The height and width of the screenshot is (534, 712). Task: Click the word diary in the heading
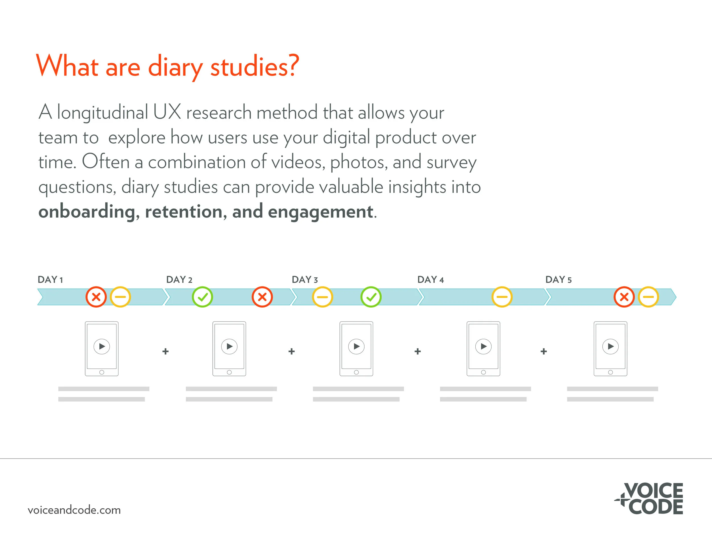point(175,67)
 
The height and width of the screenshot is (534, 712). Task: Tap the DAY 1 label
point(50,279)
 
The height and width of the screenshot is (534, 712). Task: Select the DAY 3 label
point(304,279)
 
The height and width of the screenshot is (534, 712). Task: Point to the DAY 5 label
point(558,279)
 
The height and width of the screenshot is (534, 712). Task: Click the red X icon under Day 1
point(96,297)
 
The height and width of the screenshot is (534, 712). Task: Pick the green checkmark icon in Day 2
point(202,297)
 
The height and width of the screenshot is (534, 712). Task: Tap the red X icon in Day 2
point(262,297)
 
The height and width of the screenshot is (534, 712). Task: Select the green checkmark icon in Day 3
point(371,297)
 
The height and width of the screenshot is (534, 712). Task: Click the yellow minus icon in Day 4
point(502,297)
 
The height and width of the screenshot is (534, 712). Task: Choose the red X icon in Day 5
point(624,297)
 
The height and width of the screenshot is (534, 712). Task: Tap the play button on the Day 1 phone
point(102,347)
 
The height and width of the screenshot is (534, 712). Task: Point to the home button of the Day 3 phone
point(356,373)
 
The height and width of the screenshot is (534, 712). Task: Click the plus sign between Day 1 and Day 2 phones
point(165,351)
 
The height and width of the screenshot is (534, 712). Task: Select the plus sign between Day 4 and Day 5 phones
point(544,351)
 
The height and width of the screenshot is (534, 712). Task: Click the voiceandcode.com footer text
point(74,510)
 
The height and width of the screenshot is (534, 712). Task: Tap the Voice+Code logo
point(650,498)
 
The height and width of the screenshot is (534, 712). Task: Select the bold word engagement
point(320,212)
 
